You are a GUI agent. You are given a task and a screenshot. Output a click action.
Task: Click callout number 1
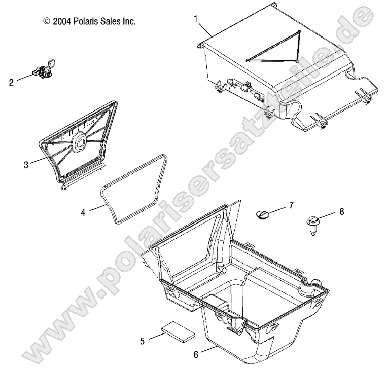pyautogui.click(x=196, y=19)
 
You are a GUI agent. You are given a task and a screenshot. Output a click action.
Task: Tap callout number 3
pyautogui.click(x=25, y=164)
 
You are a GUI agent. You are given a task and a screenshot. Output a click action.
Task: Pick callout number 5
pyautogui.click(x=143, y=341)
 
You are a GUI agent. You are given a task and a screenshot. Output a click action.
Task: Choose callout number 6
pyautogui.click(x=196, y=355)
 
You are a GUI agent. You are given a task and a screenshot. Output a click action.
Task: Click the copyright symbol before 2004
pyautogui.click(x=47, y=22)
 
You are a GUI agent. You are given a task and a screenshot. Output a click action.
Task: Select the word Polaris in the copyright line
pyautogui.click(x=85, y=22)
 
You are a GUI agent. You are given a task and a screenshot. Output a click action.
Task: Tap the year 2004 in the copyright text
pyautogui.click(x=61, y=22)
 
